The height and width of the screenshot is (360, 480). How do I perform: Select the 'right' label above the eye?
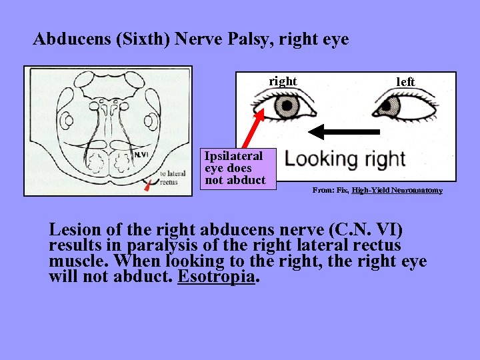pyautogui.click(x=283, y=81)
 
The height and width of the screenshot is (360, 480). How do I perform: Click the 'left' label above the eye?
pyautogui.click(x=405, y=82)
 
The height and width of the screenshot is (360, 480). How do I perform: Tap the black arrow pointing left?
pyautogui.click(x=354, y=131)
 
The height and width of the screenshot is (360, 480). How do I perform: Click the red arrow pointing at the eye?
pyautogui.click(x=257, y=119)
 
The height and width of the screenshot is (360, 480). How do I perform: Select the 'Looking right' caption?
pyautogui.click(x=344, y=159)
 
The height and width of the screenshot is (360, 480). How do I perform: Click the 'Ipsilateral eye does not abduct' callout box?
pyautogui.click(x=238, y=168)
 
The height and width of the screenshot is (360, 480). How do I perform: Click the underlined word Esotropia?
pyautogui.click(x=217, y=277)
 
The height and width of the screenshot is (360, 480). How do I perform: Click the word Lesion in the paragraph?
pyautogui.click(x=75, y=229)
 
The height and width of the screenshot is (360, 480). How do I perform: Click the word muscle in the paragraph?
pyautogui.click(x=76, y=261)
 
